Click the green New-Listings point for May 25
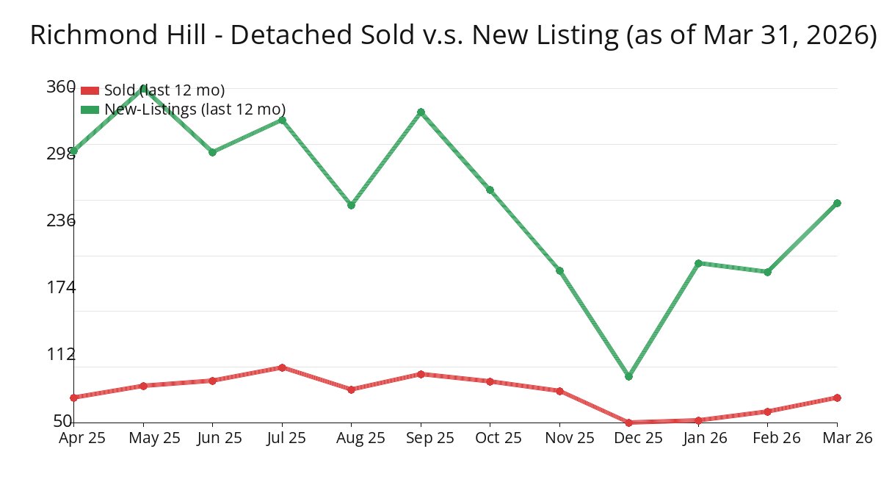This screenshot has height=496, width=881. pos(143,88)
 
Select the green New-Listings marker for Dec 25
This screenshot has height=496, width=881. pos(628,376)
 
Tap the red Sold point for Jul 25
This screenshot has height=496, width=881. pos(282,367)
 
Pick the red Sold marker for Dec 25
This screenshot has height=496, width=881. pos(628,423)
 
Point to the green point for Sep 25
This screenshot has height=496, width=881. pos(421,112)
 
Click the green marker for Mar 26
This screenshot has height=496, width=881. pos(837,203)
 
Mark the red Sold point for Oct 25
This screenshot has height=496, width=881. pos(490,381)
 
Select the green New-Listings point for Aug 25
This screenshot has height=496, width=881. pos(351,205)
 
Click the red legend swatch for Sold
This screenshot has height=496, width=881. pos(90,90)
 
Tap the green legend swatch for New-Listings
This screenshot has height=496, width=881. pos(90,109)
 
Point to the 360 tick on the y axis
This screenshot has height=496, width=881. pos(60,87)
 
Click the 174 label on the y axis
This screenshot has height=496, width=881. pos(60,287)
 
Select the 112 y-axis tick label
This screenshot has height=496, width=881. pos(60,354)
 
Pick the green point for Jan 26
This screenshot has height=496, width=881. pos(698,263)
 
